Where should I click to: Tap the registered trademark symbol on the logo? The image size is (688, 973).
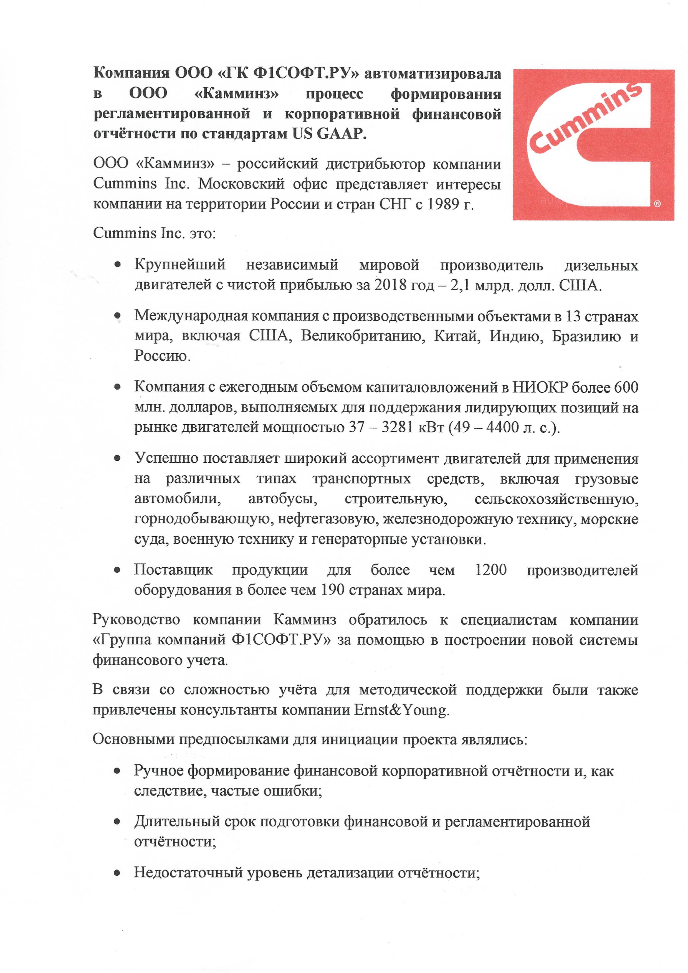click(x=657, y=204)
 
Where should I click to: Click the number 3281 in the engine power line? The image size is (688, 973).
click(x=398, y=427)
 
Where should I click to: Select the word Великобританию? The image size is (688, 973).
click(x=363, y=336)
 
